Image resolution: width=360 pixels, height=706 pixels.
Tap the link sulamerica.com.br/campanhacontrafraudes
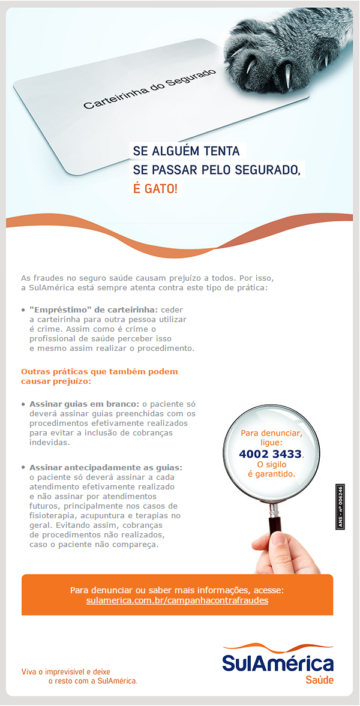[x=177, y=600]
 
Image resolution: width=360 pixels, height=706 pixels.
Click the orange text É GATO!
[x=155, y=189]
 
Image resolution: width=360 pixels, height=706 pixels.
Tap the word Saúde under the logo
[x=319, y=680]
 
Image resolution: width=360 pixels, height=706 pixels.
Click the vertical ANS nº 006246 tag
[x=340, y=507]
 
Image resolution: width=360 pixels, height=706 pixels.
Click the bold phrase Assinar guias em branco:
[x=84, y=404]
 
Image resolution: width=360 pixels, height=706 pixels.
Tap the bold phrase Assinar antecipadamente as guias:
[x=106, y=467]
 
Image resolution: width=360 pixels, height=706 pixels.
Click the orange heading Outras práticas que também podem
[x=100, y=372]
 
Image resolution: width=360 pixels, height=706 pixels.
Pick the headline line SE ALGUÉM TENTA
[x=186, y=151]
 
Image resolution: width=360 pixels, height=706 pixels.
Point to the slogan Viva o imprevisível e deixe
[x=66, y=671]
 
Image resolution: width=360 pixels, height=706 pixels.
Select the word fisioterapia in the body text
[x=51, y=515]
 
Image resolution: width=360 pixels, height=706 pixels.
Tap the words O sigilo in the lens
[x=271, y=464]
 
